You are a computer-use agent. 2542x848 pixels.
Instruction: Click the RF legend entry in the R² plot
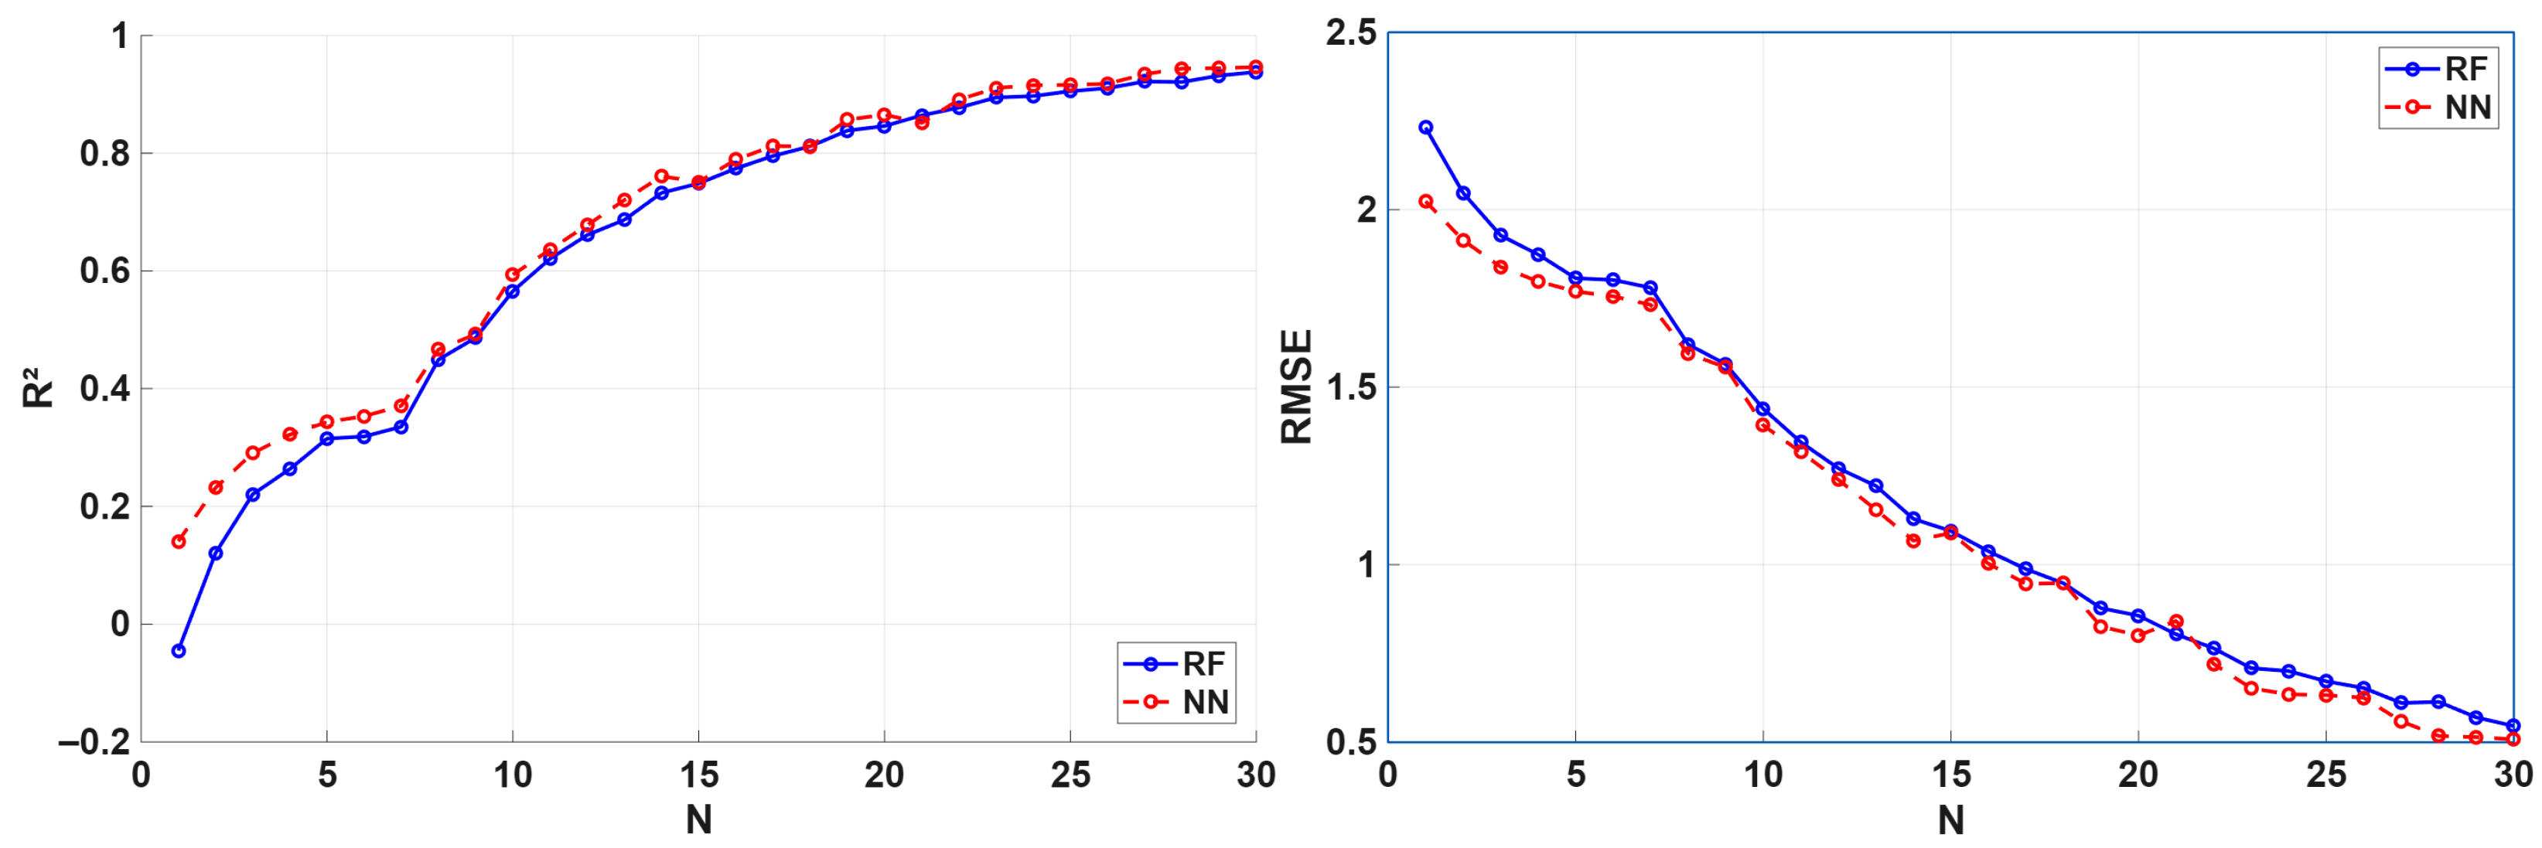(1176, 663)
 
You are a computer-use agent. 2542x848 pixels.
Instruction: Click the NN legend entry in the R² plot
(1176, 702)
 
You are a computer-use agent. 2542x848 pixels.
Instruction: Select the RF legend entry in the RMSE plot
(2438, 69)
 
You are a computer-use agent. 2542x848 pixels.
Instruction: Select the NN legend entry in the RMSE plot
(2438, 107)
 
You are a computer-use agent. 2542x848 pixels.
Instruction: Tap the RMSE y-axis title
(1295, 387)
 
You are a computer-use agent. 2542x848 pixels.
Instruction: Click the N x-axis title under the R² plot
(698, 819)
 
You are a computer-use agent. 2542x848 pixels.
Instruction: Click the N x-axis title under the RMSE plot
(1951, 819)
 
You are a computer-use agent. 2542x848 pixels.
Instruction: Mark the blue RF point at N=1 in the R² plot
(179, 651)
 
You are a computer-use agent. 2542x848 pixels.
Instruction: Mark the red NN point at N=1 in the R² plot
(179, 541)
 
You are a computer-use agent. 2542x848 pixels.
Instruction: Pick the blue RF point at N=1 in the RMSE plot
(1426, 128)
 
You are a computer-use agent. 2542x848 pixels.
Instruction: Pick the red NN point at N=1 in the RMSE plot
(1426, 201)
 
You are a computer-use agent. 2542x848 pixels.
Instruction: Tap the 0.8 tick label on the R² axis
(104, 153)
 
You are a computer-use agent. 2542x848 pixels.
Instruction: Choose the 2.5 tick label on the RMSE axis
(1351, 33)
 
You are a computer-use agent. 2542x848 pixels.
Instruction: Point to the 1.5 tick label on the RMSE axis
(1351, 387)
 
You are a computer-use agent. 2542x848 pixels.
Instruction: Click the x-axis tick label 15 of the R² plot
(698, 776)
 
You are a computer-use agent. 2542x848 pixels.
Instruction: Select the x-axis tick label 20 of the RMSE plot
(2138, 776)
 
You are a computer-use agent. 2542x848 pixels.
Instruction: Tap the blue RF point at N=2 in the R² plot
(215, 553)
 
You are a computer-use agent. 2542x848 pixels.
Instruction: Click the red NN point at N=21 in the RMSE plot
(2176, 622)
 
